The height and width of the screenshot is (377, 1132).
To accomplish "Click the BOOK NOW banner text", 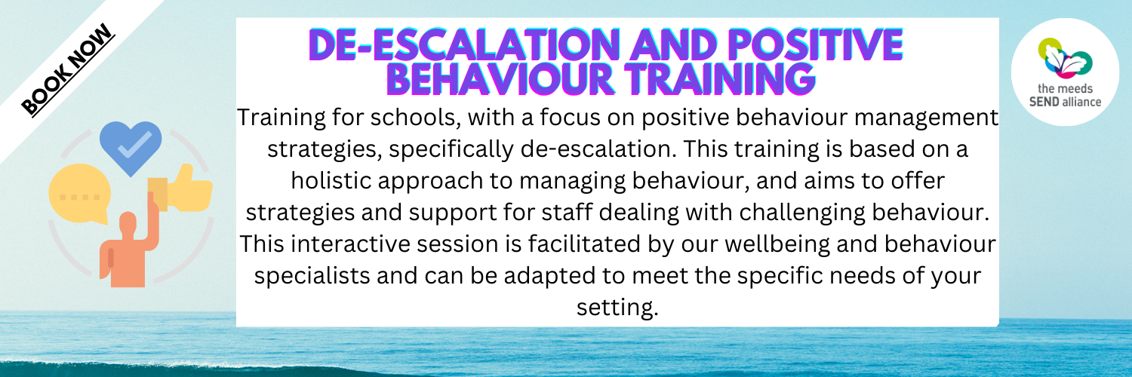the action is click(68, 69).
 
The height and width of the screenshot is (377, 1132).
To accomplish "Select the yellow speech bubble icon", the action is click(80, 194).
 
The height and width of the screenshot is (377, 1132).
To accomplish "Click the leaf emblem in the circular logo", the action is click(1066, 58).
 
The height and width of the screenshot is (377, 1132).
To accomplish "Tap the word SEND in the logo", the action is click(1044, 102).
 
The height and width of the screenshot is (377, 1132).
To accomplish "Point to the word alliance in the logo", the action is click(1081, 102).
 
